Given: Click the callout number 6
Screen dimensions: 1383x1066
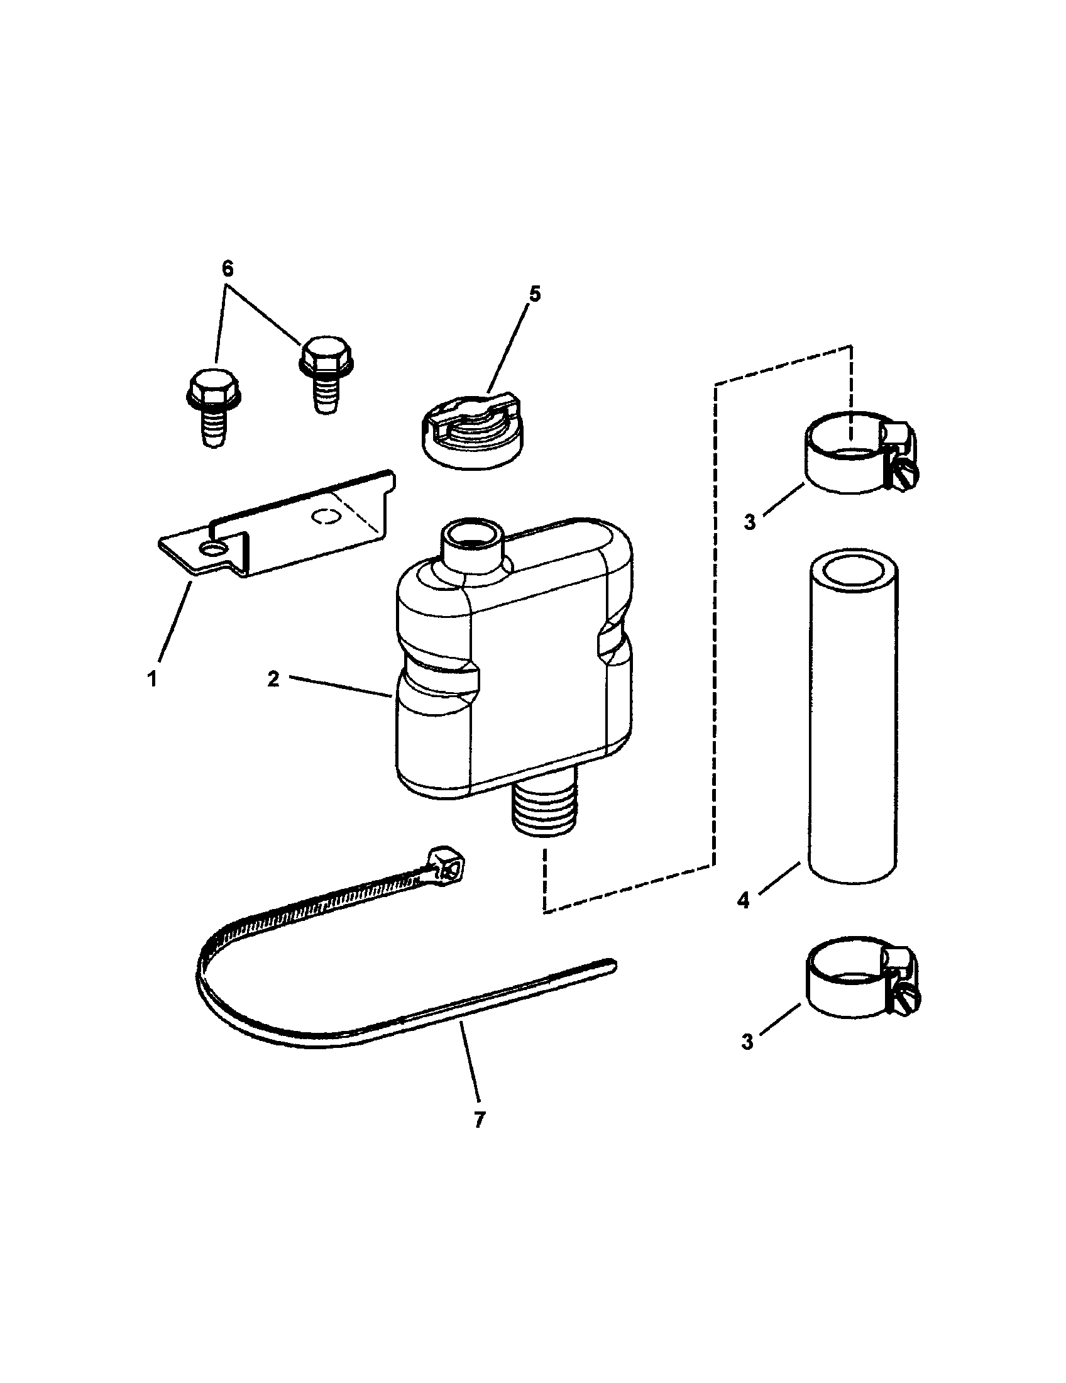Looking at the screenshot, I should click(228, 269).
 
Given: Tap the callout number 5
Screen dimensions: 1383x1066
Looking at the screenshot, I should click(534, 295).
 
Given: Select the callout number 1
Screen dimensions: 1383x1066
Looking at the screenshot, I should click(152, 680).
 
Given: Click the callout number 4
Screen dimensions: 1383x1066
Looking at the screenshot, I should click(743, 900).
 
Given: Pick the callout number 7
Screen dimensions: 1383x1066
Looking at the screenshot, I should click(479, 1120).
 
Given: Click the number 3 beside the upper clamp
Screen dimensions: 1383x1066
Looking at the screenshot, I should click(749, 522).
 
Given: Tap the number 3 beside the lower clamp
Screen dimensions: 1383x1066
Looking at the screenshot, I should click(747, 1042).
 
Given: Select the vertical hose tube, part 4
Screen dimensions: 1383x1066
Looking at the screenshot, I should click(852, 719).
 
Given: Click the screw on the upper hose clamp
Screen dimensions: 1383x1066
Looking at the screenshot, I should click(906, 471).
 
